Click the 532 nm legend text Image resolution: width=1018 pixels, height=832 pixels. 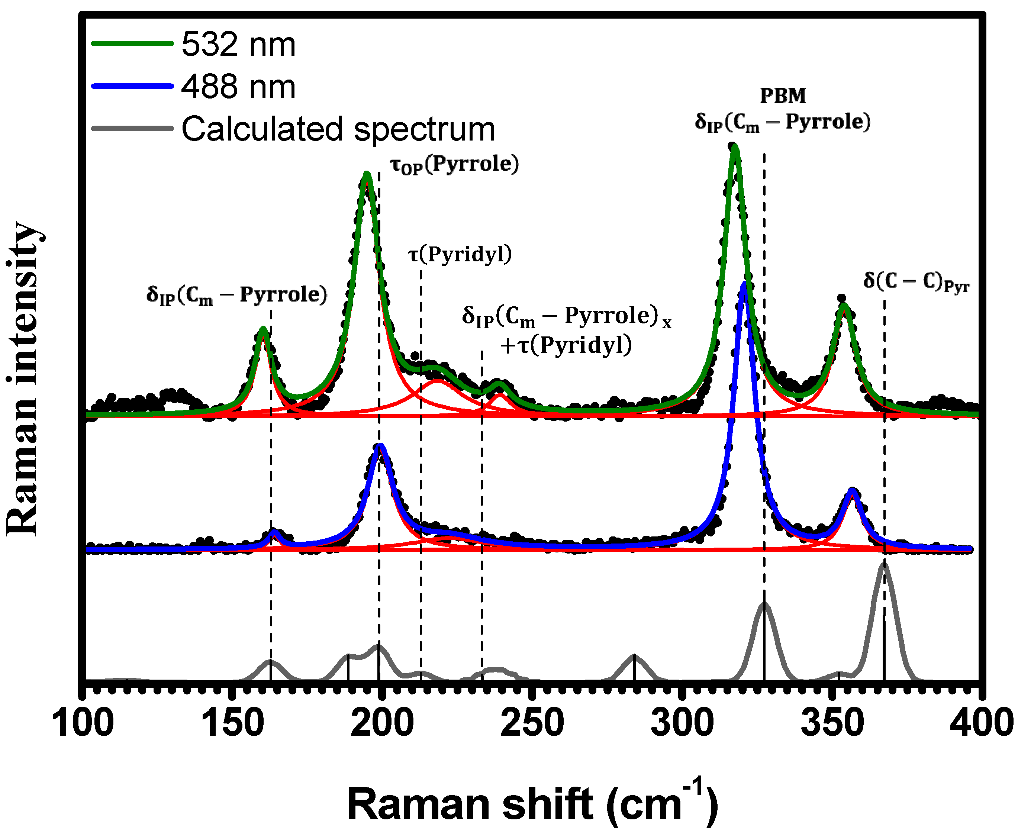click(x=238, y=45)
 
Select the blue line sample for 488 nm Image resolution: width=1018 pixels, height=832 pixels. click(x=132, y=86)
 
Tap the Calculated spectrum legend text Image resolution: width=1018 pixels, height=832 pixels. click(x=338, y=129)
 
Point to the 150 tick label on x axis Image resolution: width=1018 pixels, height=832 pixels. click(x=233, y=724)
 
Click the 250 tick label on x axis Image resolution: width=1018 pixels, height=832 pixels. click(x=532, y=724)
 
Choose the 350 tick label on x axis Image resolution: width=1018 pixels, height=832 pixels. click(x=832, y=724)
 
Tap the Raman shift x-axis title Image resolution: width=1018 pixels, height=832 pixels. click(x=532, y=804)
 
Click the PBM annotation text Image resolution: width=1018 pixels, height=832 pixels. click(x=783, y=96)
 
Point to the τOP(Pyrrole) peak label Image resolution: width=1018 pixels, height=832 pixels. click(x=454, y=164)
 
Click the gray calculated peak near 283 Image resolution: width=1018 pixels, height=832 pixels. click(x=634, y=656)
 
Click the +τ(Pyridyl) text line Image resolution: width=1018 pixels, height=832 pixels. click(x=566, y=345)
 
